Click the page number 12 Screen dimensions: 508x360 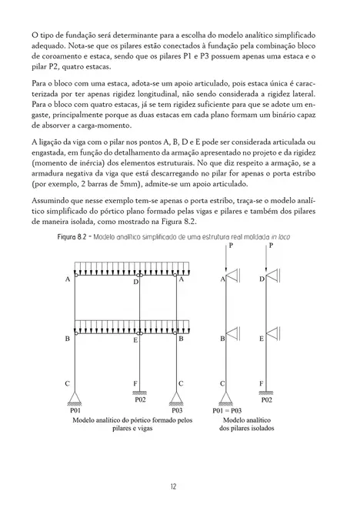(179, 486)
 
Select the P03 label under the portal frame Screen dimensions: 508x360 (178, 412)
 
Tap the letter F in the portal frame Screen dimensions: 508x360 (135, 383)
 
